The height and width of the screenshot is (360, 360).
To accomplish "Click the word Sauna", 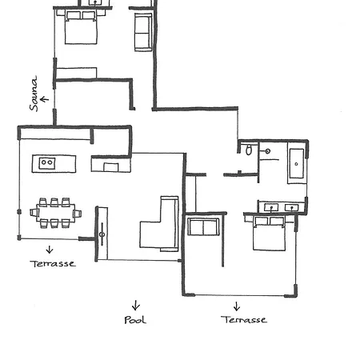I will coord(34,93).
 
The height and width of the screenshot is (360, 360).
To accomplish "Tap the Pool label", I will coord(135,320).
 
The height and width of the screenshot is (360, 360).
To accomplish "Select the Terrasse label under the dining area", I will coord(53,263).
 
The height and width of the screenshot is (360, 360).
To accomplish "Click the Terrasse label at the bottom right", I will coord(243,320).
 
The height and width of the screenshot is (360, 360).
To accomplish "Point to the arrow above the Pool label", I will coord(135,305).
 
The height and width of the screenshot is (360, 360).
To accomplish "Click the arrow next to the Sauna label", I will coord(45,99).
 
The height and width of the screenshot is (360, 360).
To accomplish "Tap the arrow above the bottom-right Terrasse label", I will coord(237,306).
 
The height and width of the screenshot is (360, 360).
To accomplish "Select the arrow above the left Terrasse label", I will coord(49,250).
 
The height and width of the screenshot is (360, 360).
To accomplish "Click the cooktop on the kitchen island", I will coord(47,163).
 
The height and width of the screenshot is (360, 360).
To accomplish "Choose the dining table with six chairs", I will coord(54,213).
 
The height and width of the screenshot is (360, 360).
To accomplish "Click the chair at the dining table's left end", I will coord(34,213).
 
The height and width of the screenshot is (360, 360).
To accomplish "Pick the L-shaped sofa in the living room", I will coord(162,226).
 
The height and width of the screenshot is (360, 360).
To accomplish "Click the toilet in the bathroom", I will coord(250,150).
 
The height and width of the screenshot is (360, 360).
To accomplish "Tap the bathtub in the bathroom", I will coord(296,166).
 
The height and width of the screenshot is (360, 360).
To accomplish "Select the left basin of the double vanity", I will coord(272,207).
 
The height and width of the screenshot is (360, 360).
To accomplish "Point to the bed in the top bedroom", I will coord(81,26).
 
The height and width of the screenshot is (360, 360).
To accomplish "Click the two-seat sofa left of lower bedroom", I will coord(203,226).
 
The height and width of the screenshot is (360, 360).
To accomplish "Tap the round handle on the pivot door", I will coord(102,234).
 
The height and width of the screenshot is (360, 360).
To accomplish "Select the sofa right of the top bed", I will coord(143,32).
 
